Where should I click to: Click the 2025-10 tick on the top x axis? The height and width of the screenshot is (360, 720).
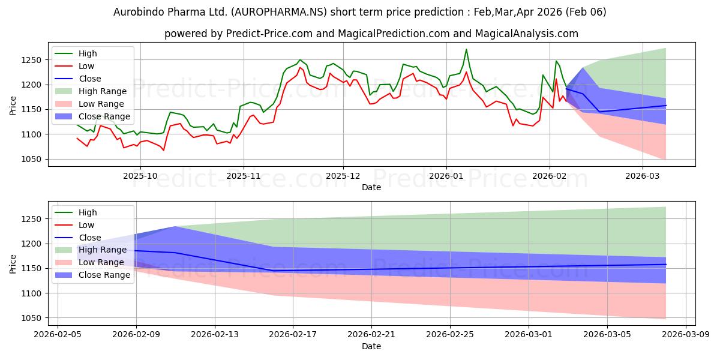tap(140, 176)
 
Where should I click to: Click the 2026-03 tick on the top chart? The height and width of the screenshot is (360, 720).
tap(643, 176)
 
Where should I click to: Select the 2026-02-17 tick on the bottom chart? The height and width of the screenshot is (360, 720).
tap(293, 335)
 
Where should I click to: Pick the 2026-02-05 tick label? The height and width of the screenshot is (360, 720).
tap(58, 335)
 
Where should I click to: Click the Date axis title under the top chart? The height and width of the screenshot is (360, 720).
tap(371, 187)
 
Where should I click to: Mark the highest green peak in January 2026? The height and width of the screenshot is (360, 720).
tap(466, 50)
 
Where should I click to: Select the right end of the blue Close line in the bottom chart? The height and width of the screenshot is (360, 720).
tap(666, 264)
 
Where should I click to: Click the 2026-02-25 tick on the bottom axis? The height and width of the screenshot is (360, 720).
tap(450, 335)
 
